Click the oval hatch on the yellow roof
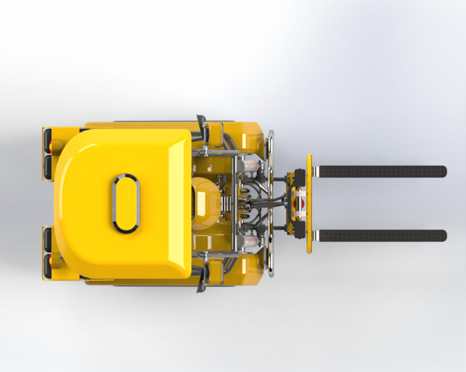[126, 203]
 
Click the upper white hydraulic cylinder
[250, 166]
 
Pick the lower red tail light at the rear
[51, 262]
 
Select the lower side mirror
[202, 285]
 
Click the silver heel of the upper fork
[315, 171]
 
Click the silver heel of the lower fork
[315, 235]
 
